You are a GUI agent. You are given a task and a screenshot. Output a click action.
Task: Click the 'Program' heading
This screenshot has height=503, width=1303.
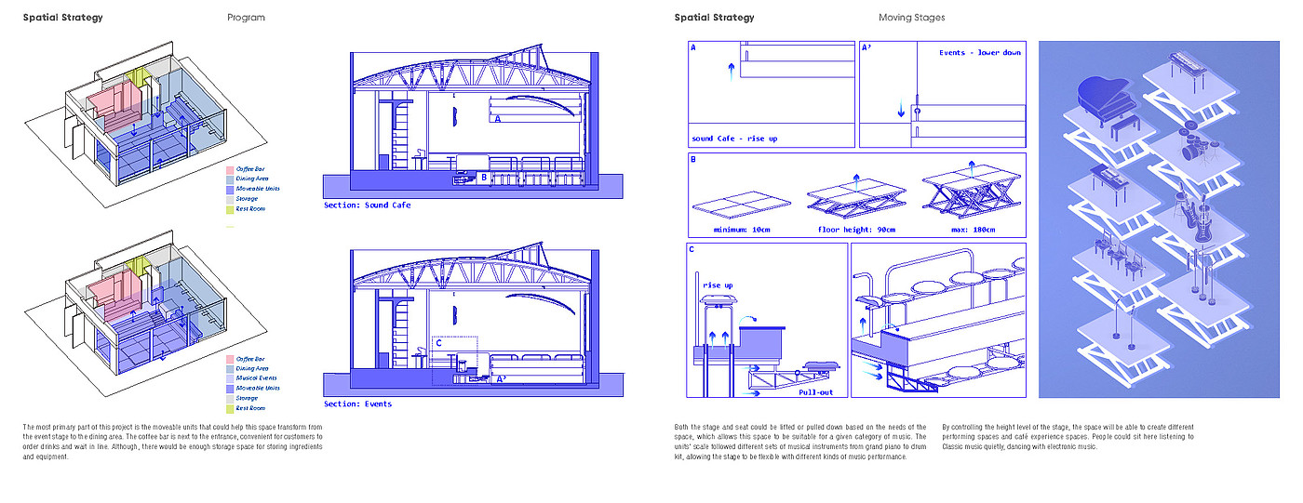point(246,18)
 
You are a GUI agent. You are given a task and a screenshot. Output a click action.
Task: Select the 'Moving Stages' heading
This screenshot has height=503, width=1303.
point(911,18)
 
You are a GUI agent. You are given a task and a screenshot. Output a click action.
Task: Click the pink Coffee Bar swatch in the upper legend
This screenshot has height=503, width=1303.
point(229,170)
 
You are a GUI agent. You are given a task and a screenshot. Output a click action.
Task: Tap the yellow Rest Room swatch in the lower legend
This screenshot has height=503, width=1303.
point(229,408)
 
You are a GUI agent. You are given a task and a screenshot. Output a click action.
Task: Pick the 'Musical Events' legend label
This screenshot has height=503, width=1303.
point(257,378)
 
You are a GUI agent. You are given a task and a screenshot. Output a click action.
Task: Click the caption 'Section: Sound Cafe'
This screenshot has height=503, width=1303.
point(367,205)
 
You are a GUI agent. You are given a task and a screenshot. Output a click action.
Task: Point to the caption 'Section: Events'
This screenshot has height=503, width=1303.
point(357,404)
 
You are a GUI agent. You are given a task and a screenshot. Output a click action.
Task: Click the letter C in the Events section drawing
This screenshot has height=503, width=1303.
point(438,342)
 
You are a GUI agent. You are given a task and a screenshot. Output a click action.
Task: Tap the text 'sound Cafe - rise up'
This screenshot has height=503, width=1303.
point(733,139)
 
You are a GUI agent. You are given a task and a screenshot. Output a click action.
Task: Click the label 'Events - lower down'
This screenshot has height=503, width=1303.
point(979,53)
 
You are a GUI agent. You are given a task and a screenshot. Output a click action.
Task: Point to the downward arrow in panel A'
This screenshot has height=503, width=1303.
point(901,111)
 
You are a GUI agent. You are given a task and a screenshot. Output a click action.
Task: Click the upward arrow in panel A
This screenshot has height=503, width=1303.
point(732,72)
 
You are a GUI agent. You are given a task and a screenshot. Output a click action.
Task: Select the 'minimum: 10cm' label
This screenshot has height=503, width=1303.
point(740,230)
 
